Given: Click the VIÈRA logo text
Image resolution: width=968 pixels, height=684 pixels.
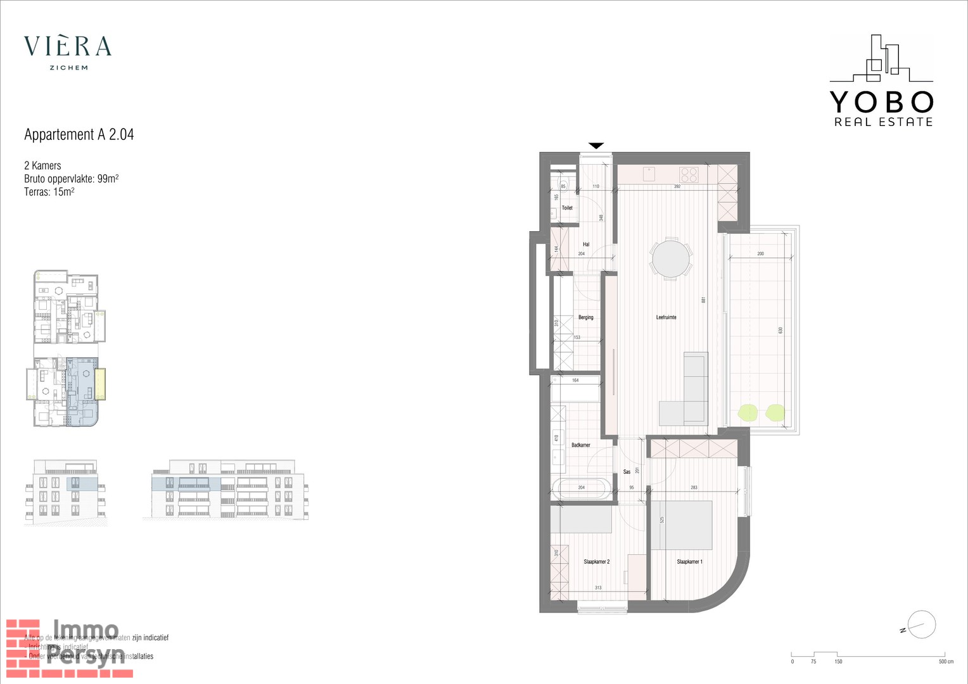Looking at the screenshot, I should [x=68, y=46].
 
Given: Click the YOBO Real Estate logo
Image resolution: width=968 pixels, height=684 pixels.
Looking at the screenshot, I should [x=881, y=81].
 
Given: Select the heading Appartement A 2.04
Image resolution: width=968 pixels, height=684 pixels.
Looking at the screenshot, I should [x=79, y=134].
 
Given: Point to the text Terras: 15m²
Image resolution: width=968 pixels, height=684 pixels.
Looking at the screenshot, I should [x=49, y=192].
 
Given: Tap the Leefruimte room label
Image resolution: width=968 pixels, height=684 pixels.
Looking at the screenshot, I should [x=666, y=317].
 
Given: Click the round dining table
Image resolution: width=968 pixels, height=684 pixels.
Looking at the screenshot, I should [x=671, y=258].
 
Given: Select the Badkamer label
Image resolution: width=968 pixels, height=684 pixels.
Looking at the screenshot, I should [x=580, y=445].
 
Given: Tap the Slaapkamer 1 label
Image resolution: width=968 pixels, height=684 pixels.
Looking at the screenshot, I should [x=689, y=562].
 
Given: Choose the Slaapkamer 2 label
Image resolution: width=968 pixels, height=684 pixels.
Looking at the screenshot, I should [x=596, y=562].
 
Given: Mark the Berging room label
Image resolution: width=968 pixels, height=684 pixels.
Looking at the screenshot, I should [x=585, y=317].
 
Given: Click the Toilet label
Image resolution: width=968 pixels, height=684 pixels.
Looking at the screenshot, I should [x=567, y=208].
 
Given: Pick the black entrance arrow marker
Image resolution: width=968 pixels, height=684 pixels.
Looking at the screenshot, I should [x=596, y=146].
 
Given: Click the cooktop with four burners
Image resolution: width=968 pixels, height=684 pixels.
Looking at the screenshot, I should [x=689, y=174].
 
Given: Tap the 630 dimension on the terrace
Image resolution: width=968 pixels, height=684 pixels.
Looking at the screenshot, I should [x=780, y=330].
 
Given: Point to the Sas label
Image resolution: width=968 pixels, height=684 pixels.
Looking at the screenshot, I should [x=627, y=472].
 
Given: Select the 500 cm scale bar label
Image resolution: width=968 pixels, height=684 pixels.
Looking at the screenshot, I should [x=946, y=662].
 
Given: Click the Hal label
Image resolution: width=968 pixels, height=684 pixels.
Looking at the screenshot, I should [x=586, y=244].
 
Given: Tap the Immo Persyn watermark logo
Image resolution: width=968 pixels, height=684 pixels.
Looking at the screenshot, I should [x=70, y=647].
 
